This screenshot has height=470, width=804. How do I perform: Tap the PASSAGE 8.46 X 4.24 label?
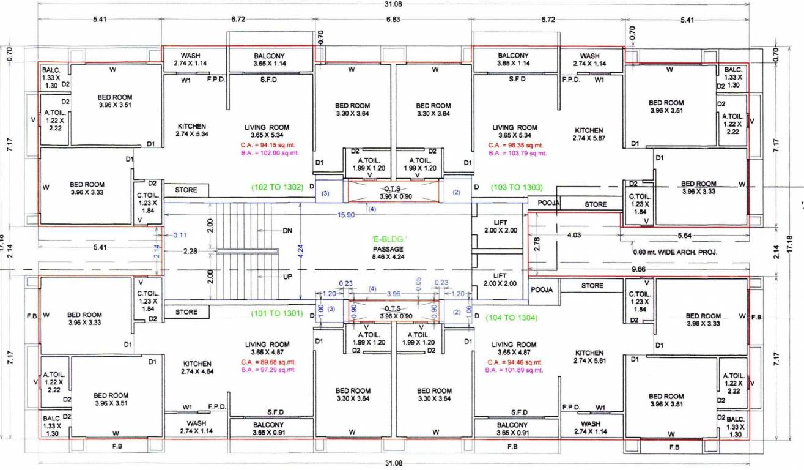coord(388,253)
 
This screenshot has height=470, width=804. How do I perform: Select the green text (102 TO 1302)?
coord(278,187)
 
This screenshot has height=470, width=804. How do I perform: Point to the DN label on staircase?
coord(287,231)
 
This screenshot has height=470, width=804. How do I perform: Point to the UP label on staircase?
coord(287,277)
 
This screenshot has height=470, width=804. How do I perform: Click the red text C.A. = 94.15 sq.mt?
coord(267,146)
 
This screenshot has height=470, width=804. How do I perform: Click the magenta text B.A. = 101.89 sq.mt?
coord(514,370)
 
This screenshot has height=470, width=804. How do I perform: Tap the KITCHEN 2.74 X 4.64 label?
coord(197,368)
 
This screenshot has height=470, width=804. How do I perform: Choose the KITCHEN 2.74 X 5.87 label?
coord(589,135)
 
